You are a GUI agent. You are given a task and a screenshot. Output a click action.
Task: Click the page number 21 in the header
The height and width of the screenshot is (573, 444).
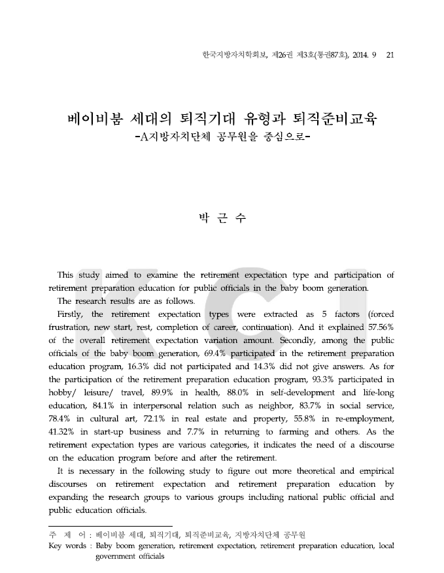390,54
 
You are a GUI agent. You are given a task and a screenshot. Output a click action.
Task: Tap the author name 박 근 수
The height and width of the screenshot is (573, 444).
221,218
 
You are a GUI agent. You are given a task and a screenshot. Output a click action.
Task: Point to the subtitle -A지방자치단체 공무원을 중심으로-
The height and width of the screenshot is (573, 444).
222,139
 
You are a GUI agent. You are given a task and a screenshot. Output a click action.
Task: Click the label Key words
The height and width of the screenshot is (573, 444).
67,546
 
